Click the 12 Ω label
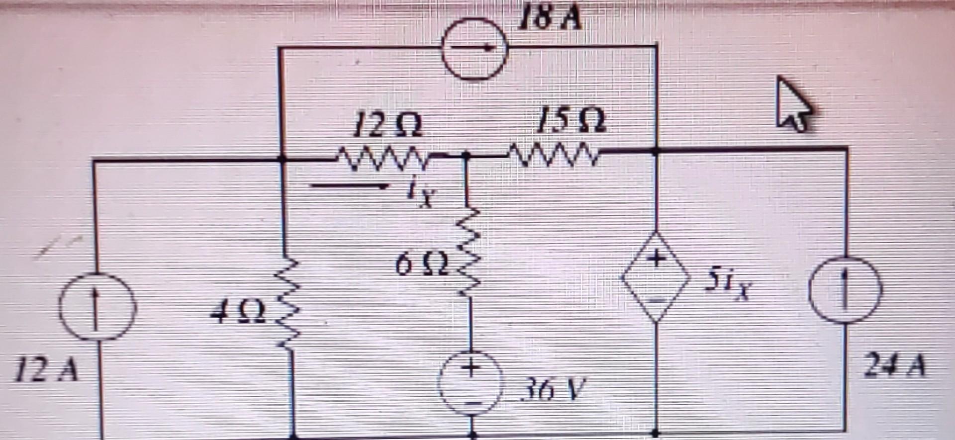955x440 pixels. pyautogui.click(x=387, y=125)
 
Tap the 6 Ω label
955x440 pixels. pyautogui.click(x=422, y=265)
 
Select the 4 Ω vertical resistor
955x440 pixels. pyautogui.click(x=288, y=303)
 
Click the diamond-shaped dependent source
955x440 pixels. pyautogui.click(x=657, y=277)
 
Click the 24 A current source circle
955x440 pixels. pyautogui.click(x=845, y=290)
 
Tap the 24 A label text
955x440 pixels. pyautogui.click(x=895, y=366)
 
